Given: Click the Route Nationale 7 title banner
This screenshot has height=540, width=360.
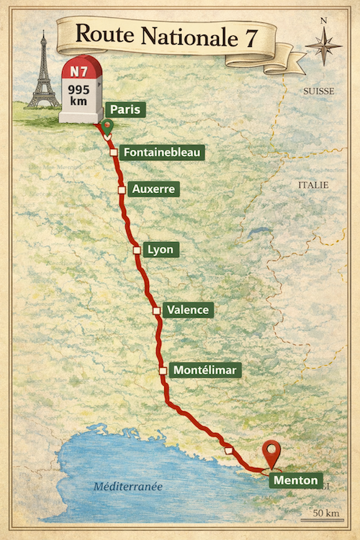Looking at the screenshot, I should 166,35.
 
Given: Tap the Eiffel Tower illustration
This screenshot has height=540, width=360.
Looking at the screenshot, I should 43,72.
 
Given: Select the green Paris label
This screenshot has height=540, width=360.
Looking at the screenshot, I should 126,110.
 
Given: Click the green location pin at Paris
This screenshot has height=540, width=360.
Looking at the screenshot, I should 107,127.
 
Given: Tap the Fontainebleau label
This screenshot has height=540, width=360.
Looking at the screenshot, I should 161,152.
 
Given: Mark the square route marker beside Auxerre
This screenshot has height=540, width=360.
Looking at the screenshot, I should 122,189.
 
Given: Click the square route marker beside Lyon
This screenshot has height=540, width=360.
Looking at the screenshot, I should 137,250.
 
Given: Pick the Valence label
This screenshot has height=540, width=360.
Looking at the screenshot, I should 188,310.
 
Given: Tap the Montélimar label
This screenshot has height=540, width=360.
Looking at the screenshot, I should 206,370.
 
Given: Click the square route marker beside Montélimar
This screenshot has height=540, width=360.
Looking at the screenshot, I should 163,371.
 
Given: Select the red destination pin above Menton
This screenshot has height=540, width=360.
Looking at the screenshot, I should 271,453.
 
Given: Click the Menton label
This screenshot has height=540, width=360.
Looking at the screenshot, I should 295,480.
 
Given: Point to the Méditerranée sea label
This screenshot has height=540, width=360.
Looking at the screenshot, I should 128,487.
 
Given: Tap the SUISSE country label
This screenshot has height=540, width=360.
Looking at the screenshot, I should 317,92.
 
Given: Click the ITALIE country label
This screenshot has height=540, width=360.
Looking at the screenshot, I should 313,185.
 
